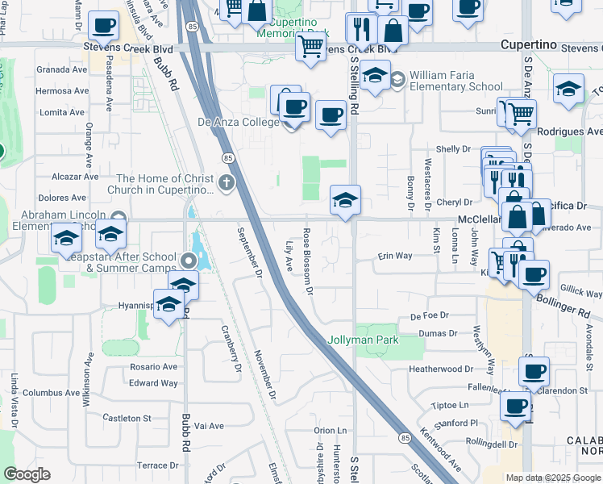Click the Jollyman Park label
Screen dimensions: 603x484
pos(363,340)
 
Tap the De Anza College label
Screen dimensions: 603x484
pos(238,123)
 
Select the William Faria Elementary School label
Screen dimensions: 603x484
pos(455,81)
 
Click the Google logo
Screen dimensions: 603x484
pos(27,474)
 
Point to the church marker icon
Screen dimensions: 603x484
pos(225,180)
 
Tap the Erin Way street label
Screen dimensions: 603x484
pos(395,256)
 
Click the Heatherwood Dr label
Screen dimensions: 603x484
pos(441,369)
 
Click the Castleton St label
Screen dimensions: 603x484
pos(127,418)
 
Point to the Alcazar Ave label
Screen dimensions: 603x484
pos(74,176)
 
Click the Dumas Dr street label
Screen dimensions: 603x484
pos(439,332)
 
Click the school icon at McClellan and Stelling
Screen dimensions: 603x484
pos(345,199)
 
